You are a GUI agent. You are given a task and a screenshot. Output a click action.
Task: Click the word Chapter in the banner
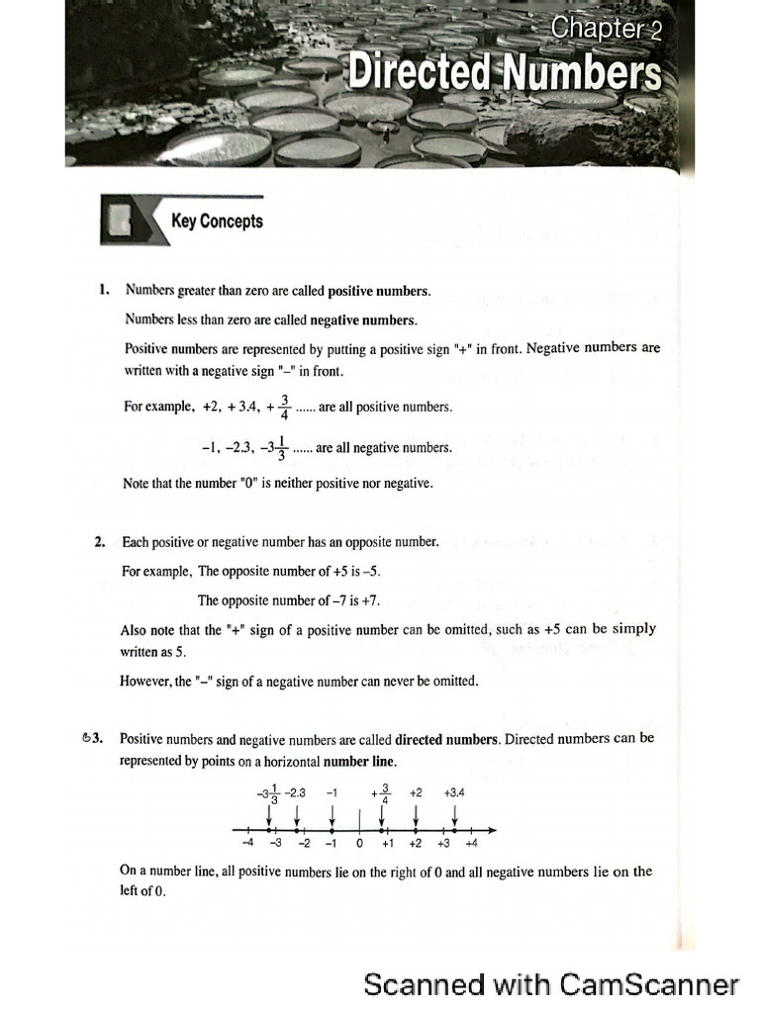pos(597,29)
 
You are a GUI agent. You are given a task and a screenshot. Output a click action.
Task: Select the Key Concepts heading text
pos(217,221)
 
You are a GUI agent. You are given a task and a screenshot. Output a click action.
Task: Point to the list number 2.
pos(100,542)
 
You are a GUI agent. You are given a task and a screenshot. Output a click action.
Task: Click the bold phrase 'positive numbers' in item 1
pos(379,291)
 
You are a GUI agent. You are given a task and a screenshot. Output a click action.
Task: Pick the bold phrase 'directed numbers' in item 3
pos(445,739)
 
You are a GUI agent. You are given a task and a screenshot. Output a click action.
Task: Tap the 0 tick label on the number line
pos(360,844)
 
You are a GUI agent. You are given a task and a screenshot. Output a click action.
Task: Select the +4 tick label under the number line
pos(471,844)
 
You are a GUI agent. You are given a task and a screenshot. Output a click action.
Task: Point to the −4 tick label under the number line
pos(247,844)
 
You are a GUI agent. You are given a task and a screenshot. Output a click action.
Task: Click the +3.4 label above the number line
pos(454,792)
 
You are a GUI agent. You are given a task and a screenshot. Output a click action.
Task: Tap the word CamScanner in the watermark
pos(649,984)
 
